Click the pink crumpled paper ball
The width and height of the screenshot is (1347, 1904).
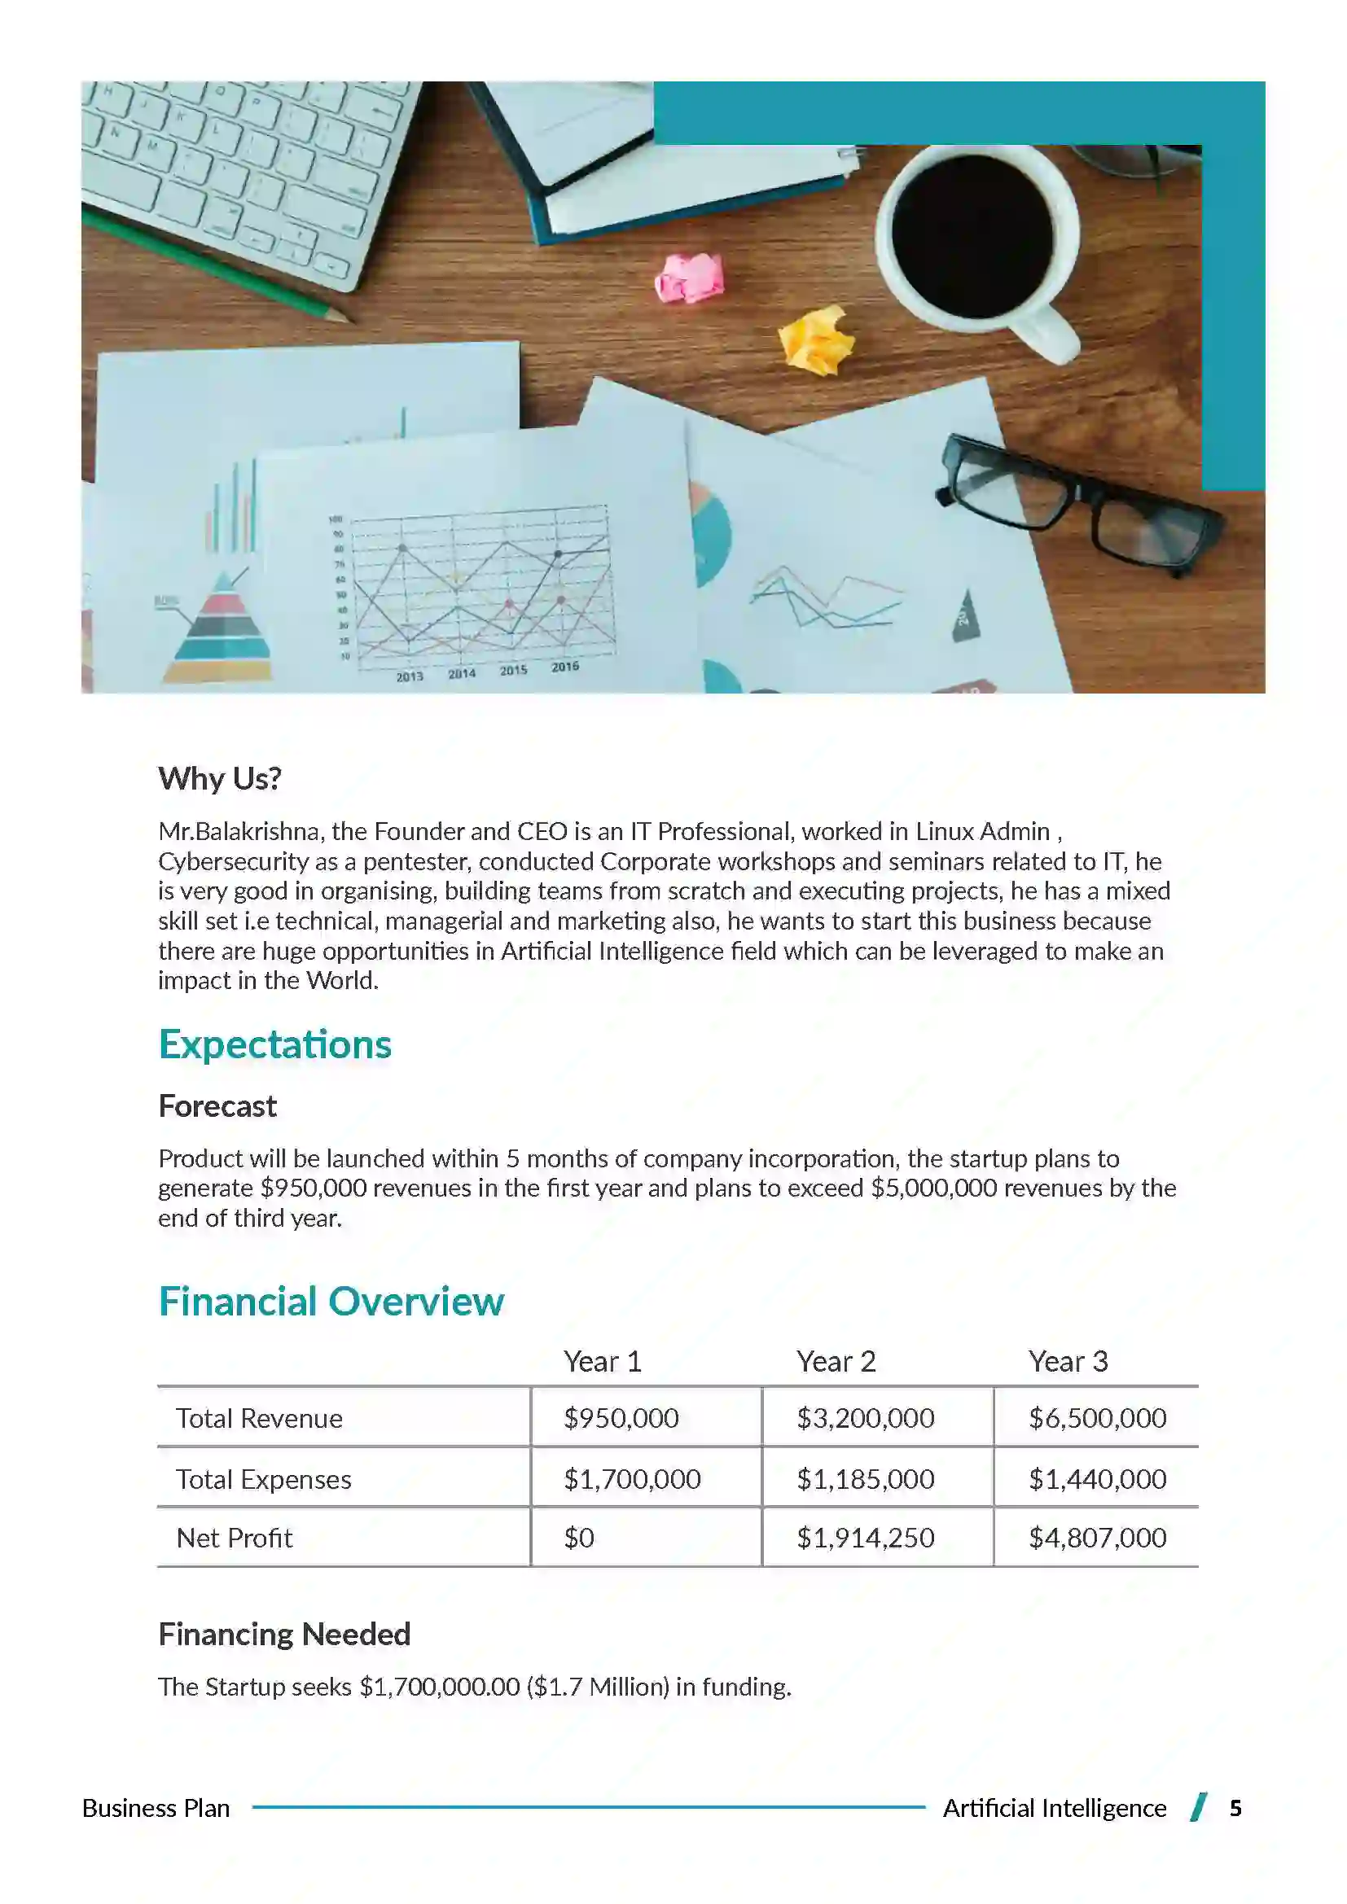(689, 278)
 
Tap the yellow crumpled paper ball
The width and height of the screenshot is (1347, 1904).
(817, 340)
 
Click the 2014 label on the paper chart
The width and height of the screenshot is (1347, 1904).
(462, 673)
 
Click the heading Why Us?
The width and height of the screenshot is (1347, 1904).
(220, 778)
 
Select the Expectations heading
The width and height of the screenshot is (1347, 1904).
(274, 1044)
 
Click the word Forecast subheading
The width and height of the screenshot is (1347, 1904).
(217, 1106)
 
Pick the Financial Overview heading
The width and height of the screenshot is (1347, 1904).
(331, 1301)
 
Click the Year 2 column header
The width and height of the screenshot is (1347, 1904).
(836, 1362)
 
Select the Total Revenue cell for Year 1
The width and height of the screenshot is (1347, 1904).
(621, 1418)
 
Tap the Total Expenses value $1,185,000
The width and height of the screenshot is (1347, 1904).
(865, 1478)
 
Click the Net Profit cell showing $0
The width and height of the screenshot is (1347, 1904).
(579, 1539)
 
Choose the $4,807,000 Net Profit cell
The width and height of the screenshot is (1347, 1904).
(1096, 1539)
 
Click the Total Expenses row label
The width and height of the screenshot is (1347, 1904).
(264, 1479)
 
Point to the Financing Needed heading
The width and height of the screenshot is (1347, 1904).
(284, 1634)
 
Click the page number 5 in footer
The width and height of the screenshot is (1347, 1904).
(1235, 1808)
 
